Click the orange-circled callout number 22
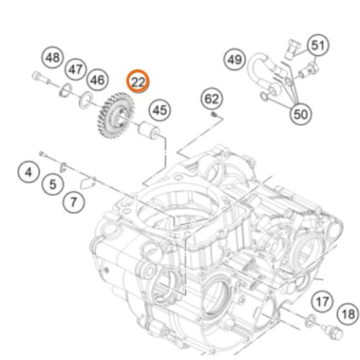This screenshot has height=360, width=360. point(138,81)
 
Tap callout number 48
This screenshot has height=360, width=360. point(53,58)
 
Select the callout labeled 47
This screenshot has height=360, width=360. point(76,69)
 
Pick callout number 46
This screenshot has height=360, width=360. point(97,80)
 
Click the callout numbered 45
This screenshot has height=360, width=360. point(160,110)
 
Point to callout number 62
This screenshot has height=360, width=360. point(212,99)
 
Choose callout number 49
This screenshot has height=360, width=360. point(235,59)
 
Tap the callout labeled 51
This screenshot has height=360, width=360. point(318,45)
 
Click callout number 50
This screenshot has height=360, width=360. point(300,114)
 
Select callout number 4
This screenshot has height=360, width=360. point(29,172)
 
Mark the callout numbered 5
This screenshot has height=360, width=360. point(53,184)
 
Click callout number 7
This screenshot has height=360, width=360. point(73,202)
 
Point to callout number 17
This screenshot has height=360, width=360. point(323,302)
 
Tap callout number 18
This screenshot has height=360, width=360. point(348,314)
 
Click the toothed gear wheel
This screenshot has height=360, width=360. point(115,116)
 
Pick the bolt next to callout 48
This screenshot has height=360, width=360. point(41,78)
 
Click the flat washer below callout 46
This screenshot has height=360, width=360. point(86,100)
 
